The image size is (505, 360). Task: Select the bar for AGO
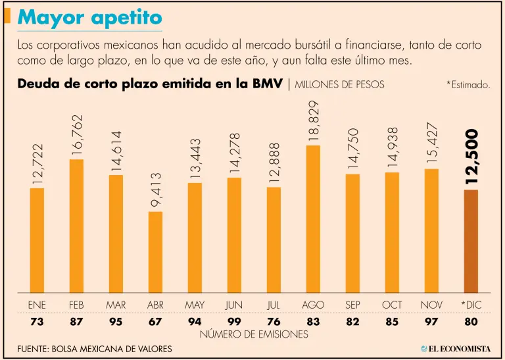tap(313, 219)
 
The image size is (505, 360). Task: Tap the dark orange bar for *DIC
tap(471, 241)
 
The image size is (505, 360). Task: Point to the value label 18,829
tap(313, 121)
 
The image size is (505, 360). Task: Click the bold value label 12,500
tap(471, 156)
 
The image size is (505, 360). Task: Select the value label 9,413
tap(156, 190)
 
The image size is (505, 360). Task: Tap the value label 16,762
tap(77, 135)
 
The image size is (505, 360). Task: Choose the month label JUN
tap(234, 305)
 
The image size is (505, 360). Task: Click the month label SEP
tap(352, 305)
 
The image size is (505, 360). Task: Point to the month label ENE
tap(37, 305)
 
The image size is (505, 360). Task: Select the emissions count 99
tap(234, 321)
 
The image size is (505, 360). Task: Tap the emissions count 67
tap(155, 321)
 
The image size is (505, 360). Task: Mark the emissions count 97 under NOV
tap(431, 321)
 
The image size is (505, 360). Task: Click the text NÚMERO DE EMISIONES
tap(253, 334)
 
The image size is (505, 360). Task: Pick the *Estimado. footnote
tap(468, 85)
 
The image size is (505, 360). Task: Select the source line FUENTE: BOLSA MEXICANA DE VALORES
tap(95, 349)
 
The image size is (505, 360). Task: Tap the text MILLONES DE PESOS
tap(340, 85)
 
